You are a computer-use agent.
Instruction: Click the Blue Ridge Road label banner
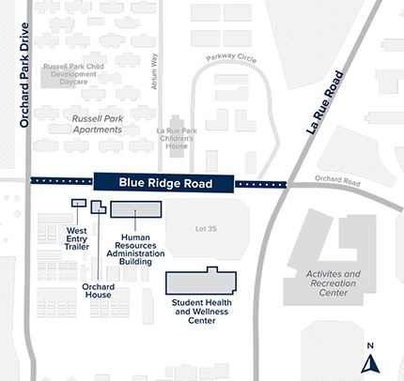tap(163, 184)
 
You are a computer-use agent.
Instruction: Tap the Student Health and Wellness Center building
tap(201, 283)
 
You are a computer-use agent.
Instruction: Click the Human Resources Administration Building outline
tap(137, 209)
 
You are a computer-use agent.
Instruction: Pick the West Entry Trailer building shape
tap(78, 202)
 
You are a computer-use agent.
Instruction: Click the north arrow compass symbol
tap(370, 359)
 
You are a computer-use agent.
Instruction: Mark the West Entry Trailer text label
tap(77, 236)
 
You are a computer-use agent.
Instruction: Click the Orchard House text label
tap(97, 291)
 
